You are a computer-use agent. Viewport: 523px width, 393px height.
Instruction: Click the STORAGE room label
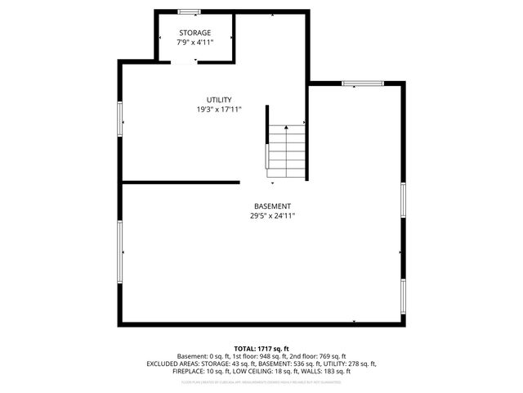[x=194, y=33]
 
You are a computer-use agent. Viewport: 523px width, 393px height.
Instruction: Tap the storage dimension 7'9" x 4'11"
[x=194, y=43]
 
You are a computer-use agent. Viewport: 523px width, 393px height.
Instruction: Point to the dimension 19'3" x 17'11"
[x=218, y=110]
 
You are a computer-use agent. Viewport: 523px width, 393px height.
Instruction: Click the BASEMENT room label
[x=272, y=206]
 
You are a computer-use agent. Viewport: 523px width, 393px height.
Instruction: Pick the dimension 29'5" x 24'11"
[x=272, y=216]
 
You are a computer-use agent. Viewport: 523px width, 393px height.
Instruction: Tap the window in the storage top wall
[x=190, y=11]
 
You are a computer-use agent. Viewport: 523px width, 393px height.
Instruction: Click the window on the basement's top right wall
[x=362, y=83]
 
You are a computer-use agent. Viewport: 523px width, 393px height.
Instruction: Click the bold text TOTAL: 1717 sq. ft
[x=261, y=349]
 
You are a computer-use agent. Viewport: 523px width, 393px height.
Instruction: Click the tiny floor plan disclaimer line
[x=261, y=382]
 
